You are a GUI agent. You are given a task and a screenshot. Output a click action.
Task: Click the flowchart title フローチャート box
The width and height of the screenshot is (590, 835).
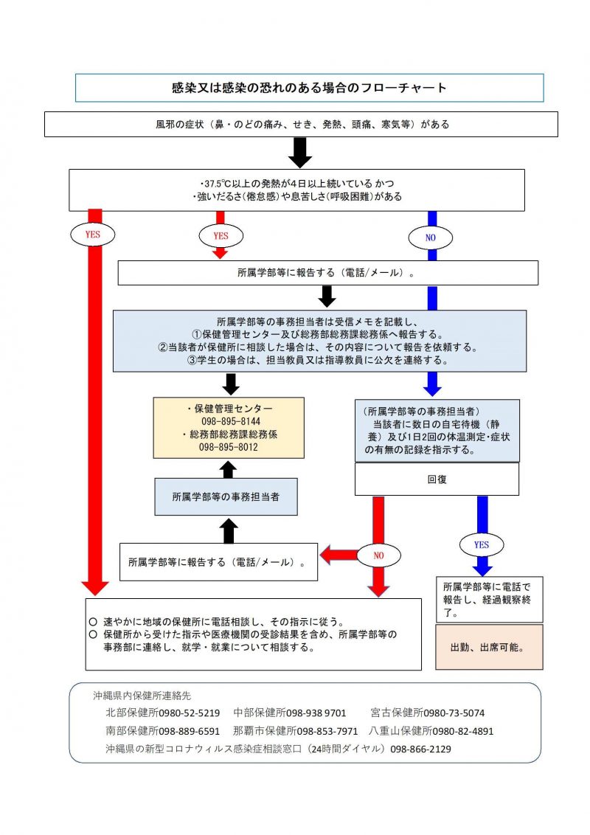[309, 88]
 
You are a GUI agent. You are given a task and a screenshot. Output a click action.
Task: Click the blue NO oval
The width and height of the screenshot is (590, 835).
[430, 238]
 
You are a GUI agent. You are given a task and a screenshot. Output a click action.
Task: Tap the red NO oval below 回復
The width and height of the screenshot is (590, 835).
[378, 555]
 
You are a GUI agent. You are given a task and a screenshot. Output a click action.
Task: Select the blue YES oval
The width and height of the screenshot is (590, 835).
[482, 545]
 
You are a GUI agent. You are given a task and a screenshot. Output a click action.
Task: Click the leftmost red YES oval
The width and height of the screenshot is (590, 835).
[93, 235]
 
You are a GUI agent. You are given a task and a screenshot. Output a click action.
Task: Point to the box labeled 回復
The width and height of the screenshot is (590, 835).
[437, 479]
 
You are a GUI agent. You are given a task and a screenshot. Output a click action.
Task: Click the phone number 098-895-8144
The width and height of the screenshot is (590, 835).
[231, 421]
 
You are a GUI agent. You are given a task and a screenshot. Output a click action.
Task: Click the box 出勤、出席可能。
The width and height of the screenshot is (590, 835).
[490, 647]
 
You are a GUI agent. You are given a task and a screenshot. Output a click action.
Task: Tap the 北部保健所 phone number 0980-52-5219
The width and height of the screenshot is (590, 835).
[190, 713]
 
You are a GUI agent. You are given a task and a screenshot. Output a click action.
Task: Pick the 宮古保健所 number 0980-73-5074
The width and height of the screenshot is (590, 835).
[454, 713]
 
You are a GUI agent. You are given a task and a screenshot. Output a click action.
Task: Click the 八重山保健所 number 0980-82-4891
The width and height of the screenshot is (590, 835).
[463, 731]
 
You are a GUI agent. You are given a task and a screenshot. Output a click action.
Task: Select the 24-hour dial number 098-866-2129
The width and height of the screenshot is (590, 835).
[420, 749]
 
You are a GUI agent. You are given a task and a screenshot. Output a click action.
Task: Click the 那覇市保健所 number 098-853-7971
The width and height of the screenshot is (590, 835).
[327, 731]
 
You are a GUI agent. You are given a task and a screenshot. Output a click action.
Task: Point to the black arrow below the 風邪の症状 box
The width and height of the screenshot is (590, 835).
[300, 153]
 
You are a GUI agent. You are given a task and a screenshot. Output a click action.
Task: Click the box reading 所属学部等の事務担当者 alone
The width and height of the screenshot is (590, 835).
[226, 497]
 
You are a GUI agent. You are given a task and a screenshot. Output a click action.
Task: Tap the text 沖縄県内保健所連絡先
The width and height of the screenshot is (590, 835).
[142, 696]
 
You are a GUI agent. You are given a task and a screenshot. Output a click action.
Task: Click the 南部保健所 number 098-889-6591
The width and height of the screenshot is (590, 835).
[190, 731]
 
